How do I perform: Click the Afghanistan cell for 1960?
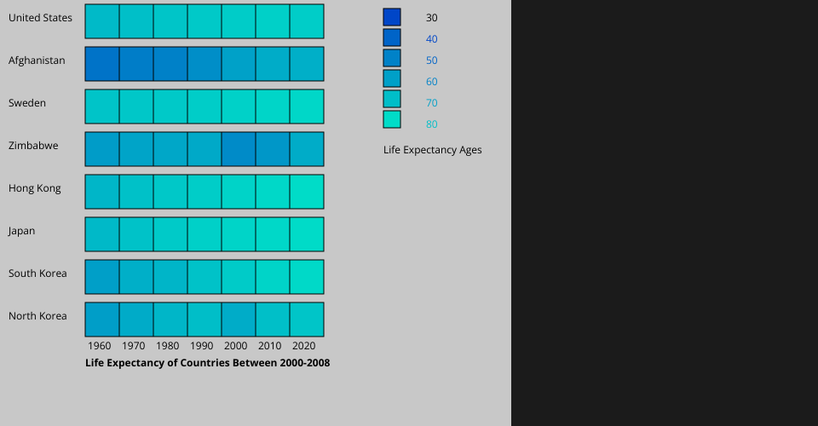click(102, 64)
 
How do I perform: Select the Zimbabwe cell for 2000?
click(239, 149)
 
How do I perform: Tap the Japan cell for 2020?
click(307, 234)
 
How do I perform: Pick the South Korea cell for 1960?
click(102, 277)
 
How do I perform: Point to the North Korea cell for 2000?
click(239, 319)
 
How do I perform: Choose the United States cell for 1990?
click(204, 21)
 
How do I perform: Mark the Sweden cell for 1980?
click(170, 106)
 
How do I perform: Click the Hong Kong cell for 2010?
click(273, 192)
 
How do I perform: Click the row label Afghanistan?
click(37, 60)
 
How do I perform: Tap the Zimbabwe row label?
click(33, 146)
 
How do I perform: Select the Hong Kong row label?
click(35, 188)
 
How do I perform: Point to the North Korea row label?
click(37, 316)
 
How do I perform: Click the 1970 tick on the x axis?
click(134, 346)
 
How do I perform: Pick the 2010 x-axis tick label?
click(270, 346)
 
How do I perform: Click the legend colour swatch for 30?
click(392, 17)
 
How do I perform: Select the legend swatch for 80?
click(392, 119)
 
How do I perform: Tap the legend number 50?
click(432, 60)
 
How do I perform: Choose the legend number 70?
click(432, 103)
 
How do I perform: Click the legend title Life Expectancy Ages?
click(433, 150)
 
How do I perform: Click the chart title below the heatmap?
click(207, 363)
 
